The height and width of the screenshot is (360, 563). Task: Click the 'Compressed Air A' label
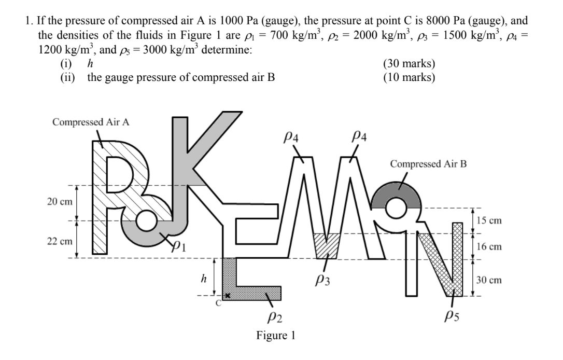tap(91, 122)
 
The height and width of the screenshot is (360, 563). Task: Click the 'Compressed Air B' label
tap(428, 164)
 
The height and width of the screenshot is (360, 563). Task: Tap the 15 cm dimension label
tap(489, 220)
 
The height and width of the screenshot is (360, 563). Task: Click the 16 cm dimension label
tap(489, 247)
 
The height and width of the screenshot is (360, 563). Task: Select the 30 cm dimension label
tap(489, 280)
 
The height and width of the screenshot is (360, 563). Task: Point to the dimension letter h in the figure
tap(204, 279)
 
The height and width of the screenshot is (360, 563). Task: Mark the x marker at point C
tap(227, 295)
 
